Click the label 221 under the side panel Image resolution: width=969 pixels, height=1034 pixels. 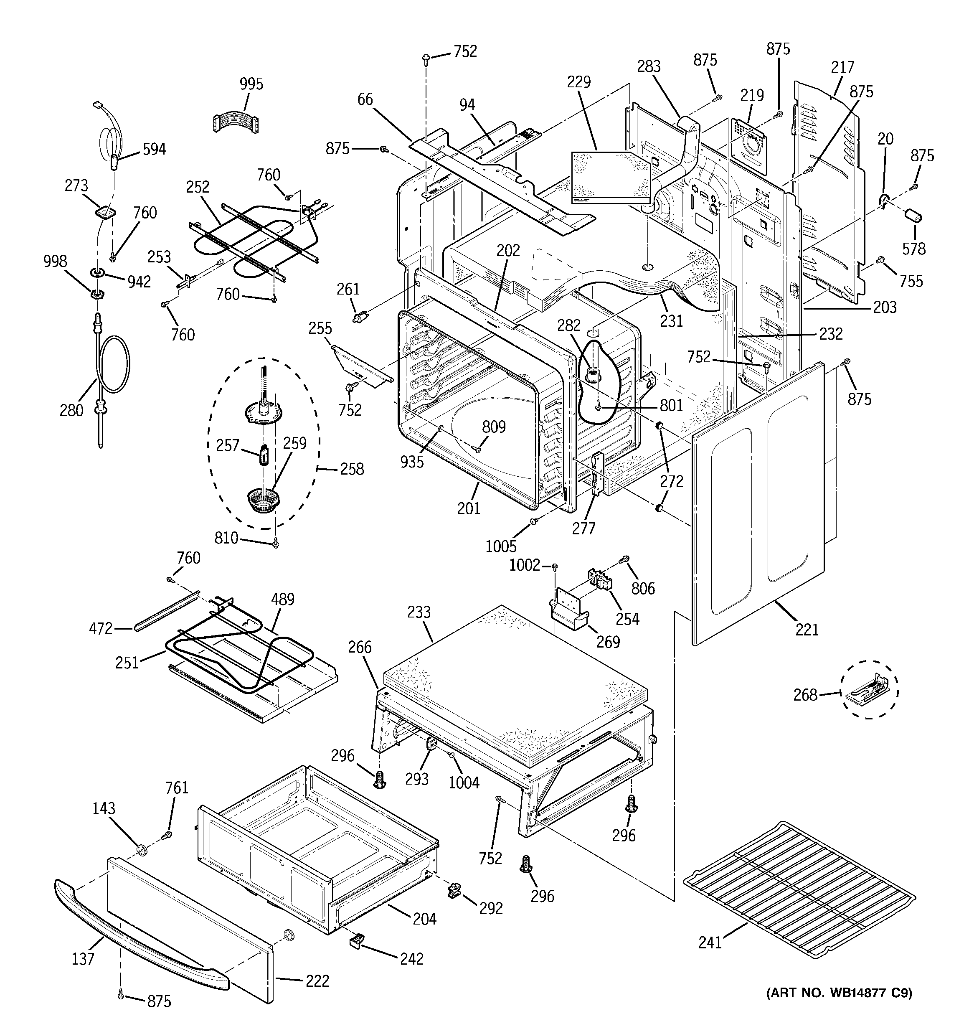click(x=807, y=630)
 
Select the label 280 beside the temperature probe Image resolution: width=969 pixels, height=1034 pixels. click(x=72, y=410)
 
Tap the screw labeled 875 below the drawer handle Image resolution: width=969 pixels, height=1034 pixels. click(x=121, y=994)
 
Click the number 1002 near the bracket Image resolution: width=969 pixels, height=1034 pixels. click(x=524, y=565)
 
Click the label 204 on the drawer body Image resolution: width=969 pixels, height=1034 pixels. click(x=424, y=919)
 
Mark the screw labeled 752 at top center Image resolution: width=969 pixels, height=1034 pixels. click(x=426, y=58)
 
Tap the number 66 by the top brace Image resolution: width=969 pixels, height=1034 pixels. click(x=365, y=99)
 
